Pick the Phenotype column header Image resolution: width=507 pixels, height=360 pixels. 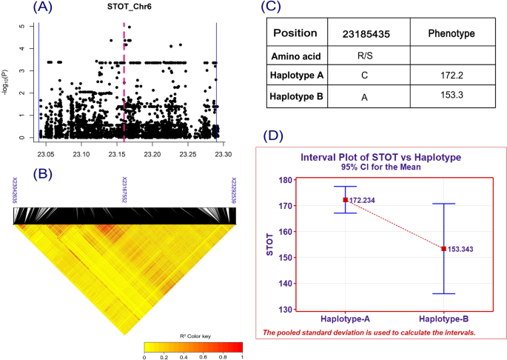451,34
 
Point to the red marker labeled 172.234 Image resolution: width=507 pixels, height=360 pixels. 345,200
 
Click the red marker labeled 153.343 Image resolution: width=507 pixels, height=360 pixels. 444,249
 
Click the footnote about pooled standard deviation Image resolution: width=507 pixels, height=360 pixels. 369,333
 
